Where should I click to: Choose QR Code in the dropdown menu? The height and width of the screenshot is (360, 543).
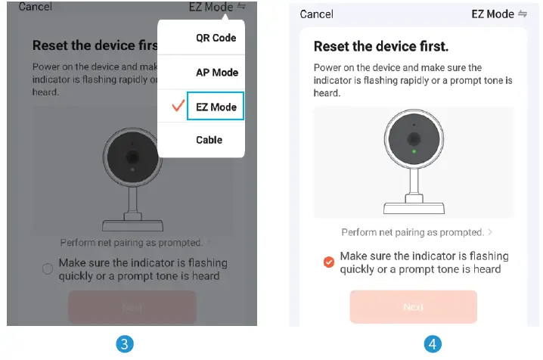(x=216, y=38)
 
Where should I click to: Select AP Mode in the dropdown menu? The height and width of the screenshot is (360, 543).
(x=217, y=73)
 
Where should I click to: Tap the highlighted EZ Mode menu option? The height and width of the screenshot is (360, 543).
(x=216, y=107)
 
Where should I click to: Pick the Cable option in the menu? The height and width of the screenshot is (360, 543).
(x=209, y=140)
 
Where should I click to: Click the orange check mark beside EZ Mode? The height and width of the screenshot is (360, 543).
(x=178, y=106)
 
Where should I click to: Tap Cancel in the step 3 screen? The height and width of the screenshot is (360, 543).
(x=35, y=7)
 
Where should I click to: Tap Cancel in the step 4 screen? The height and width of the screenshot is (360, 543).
(x=317, y=14)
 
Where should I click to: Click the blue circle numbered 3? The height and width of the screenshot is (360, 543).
(x=125, y=344)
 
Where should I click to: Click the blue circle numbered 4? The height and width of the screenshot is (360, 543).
(x=433, y=344)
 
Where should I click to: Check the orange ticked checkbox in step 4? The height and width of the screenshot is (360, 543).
(x=329, y=262)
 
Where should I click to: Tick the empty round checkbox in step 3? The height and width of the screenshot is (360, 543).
(x=48, y=268)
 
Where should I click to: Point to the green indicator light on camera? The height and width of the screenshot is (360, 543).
(x=414, y=151)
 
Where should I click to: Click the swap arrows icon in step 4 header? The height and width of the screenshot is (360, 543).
(x=523, y=14)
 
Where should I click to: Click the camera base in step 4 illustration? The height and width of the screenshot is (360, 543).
(x=414, y=208)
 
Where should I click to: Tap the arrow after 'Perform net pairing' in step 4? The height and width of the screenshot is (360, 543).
(x=490, y=232)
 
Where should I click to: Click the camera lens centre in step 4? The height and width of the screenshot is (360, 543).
(x=414, y=139)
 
